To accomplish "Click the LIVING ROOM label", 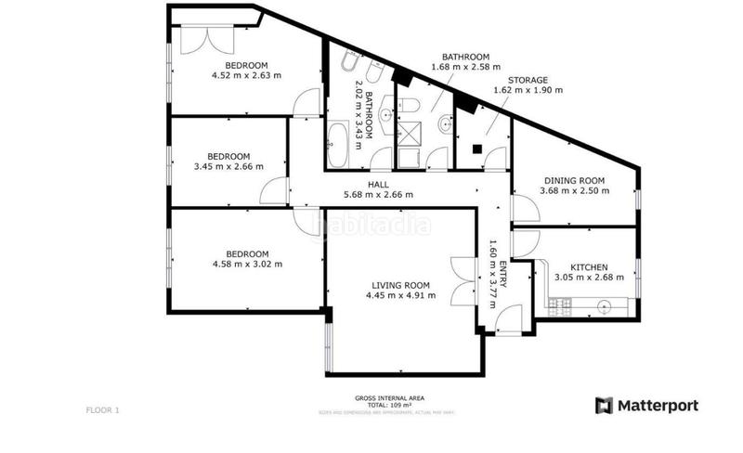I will click(401, 284).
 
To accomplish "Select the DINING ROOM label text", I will click(574, 180).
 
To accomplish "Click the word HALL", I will click(378, 185).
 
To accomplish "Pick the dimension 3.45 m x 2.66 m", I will click(228, 167).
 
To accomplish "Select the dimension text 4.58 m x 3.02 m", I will click(247, 265).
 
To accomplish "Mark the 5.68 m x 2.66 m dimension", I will click(378, 195).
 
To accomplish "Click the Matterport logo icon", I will click(605, 406).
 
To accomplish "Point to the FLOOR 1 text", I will click(102, 409).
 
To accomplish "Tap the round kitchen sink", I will click(605, 304).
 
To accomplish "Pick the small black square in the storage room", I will click(476, 148).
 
